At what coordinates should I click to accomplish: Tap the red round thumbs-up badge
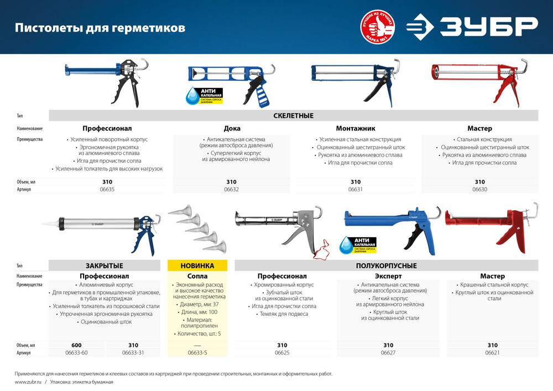[x=380, y=27]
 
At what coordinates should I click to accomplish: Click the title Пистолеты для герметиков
[x=100, y=28]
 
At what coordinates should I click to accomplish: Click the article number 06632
[x=231, y=189]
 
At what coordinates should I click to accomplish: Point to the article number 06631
[x=356, y=189]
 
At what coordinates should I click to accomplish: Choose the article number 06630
[x=479, y=189]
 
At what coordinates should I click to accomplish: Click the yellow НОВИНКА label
[x=198, y=265]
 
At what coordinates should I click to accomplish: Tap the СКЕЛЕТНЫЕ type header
[x=293, y=116]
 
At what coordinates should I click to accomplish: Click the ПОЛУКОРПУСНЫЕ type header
[x=387, y=265]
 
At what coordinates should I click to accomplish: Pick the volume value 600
[x=77, y=345]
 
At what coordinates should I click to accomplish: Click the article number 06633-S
[x=198, y=353]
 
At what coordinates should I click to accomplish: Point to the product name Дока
[x=231, y=128]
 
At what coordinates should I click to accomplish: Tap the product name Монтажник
[x=356, y=128]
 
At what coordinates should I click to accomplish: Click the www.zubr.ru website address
[x=27, y=382]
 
